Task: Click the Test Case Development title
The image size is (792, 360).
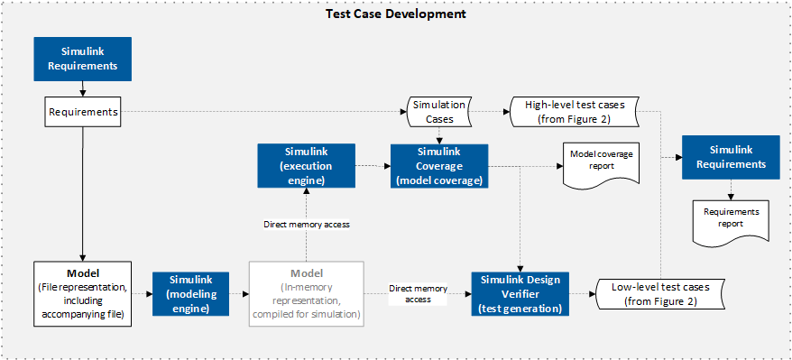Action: (395, 14)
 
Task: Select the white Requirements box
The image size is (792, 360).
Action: (83, 112)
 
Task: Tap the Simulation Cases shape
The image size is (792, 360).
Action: (439, 112)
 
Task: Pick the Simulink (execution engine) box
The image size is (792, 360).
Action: (306, 165)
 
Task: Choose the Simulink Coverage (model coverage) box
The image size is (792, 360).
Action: (439, 166)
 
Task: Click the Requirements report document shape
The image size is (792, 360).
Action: (732, 222)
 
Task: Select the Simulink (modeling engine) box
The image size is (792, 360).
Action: (191, 294)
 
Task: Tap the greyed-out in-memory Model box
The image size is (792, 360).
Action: (307, 293)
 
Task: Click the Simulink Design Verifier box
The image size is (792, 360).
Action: (519, 294)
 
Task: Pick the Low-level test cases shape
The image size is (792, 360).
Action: (660, 294)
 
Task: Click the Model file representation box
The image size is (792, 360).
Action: (83, 293)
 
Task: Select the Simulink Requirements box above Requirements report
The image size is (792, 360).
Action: (732, 157)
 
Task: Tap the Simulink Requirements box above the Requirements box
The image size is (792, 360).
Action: (83, 59)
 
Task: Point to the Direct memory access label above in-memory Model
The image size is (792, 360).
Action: (307, 225)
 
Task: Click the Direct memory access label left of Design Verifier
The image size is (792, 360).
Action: (418, 294)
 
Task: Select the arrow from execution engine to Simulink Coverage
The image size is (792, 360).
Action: (373, 165)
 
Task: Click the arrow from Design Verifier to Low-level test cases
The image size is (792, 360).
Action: (583, 294)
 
